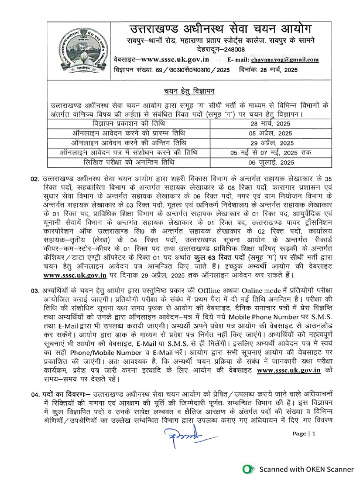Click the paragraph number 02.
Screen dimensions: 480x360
coord(34,180)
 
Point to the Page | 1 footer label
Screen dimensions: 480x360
coord(304,434)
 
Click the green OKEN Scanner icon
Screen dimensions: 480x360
coord(247,469)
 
